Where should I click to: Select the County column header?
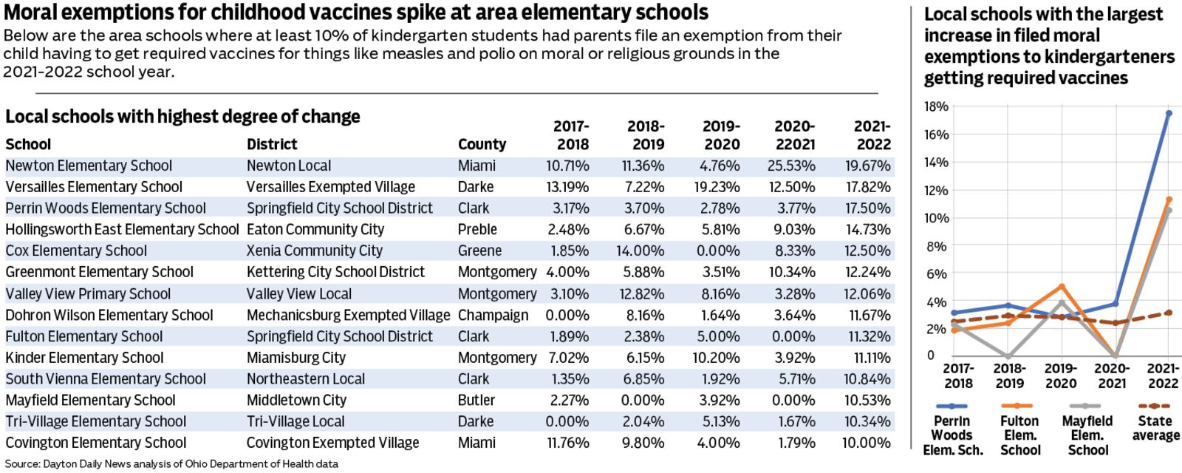pos(482,144)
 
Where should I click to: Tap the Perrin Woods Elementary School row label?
pos(105,208)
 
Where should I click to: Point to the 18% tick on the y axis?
pos(936,106)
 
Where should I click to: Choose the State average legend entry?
pos(1156,428)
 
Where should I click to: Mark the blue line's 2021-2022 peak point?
pos(1168,113)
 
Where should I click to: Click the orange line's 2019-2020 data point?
pos(1062,287)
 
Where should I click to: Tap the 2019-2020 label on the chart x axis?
pos(1062,375)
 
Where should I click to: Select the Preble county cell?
pos(477,229)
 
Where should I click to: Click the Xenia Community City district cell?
pos(315,251)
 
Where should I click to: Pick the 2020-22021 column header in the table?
pos(794,135)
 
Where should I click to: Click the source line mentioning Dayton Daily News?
pos(171,464)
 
